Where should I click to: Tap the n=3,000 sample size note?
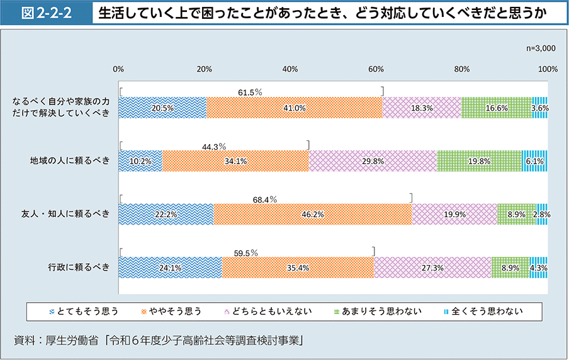540,48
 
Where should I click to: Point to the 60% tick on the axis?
376,69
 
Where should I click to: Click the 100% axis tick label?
548,69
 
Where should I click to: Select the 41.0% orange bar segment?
294,108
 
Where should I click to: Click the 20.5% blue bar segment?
162,108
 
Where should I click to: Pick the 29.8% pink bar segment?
373,161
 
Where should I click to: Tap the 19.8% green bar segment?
479,161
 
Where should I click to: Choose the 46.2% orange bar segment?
312,215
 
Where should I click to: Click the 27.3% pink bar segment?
432,268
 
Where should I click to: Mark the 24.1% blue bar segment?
170,268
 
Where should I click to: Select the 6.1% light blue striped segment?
534,161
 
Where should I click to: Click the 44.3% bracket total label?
214,147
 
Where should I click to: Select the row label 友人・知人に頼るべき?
65,215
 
